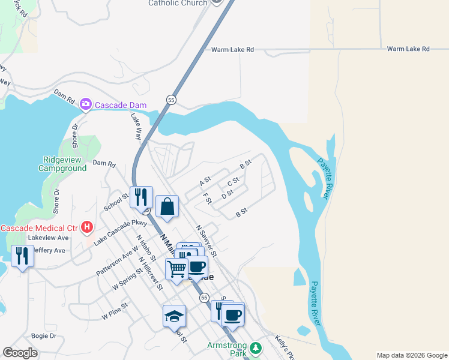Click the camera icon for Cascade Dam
coord(86,105)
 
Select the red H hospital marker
coord(88,227)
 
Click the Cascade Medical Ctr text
coord(39,228)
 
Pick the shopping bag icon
coord(167,207)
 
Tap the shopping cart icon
coord(176,269)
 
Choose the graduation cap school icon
coord(174,316)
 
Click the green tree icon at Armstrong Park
coord(256,348)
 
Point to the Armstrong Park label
coord(227,349)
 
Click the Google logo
coord(20,353)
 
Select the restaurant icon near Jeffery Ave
coord(22,256)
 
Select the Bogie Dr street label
coord(43,336)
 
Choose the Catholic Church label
coord(178,3)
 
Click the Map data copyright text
coord(412,355)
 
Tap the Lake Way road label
coord(136,127)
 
